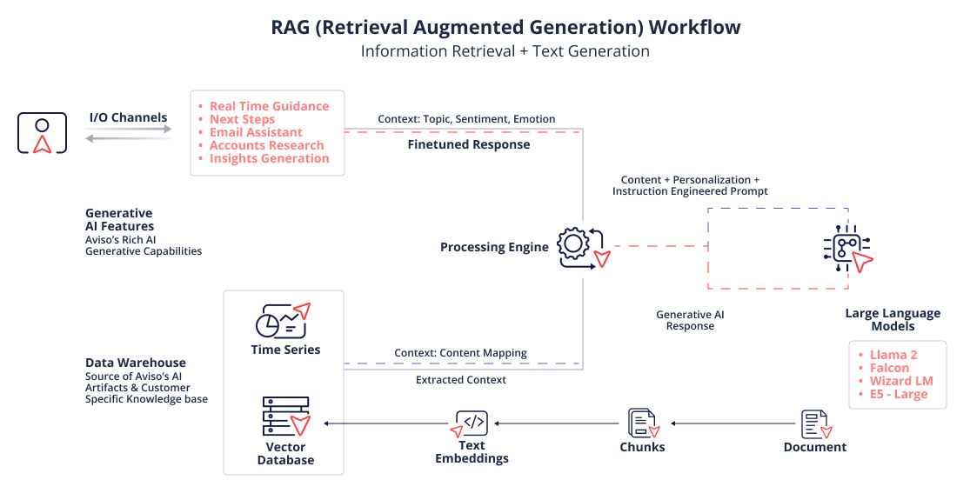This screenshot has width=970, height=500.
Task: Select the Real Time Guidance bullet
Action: (x=269, y=106)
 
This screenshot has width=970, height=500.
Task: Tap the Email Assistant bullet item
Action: (x=256, y=132)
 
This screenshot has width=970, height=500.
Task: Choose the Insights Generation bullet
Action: (x=269, y=158)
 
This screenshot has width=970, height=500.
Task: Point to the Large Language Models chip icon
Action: (x=844, y=249)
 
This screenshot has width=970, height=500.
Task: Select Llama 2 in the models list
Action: (x=893, y=355)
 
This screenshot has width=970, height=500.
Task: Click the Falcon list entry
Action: (x=890, y=368)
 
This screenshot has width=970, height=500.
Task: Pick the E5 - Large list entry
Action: (x=899, y=394)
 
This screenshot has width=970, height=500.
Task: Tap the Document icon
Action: (x=816, y=423)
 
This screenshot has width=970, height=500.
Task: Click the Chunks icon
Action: (x=642, y=423)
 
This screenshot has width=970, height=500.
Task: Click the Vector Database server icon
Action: (x=285, y=417)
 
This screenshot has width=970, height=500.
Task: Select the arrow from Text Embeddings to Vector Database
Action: (x=384, y=423)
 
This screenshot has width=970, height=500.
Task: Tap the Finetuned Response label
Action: (x=468, y=145)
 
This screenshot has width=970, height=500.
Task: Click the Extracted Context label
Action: (x=460, y=380)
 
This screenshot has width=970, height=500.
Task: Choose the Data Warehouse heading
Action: (x=135, y=363)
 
